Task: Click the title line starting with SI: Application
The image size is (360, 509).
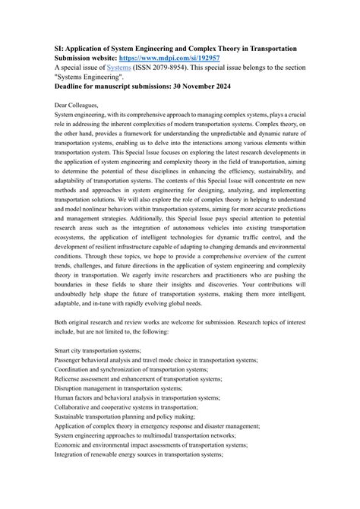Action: click(175, 47)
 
